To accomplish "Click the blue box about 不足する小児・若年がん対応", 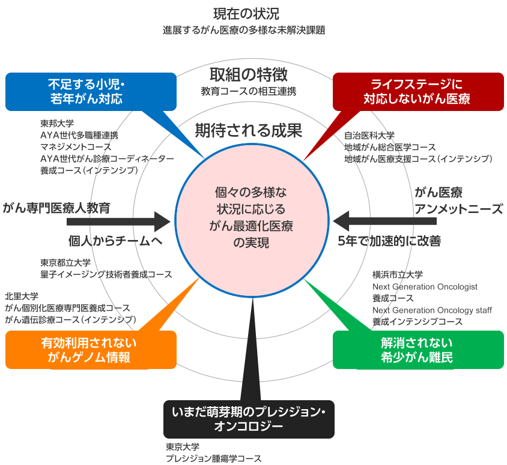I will click(91, 91).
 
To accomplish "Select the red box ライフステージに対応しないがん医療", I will click(418, 91).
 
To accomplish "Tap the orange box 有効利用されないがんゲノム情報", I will click(91, 350).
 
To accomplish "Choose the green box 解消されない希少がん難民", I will click(417, 350).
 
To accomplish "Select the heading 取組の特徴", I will click(247, 75).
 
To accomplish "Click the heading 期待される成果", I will click(247, 130).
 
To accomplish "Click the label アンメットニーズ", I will click(459, 209).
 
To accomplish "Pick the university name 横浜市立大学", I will click(397, 275).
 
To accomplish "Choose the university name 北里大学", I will click(22, 296).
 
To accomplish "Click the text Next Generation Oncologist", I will click(425, 286).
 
